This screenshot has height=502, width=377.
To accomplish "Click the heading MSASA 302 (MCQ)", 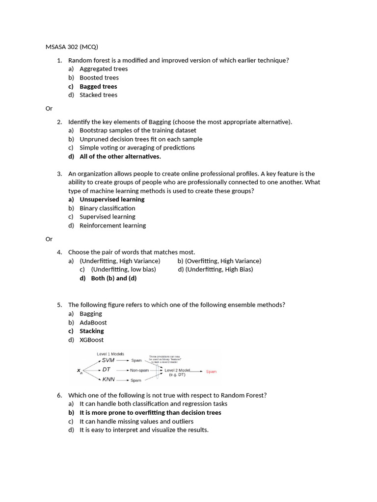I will pyautogui.click(x=72, y=47).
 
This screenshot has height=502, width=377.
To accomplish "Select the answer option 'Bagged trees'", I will pyautogui.click(x=98, y=86).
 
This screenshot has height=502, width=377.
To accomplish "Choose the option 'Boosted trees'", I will pyautogui.click(x=99, y=77).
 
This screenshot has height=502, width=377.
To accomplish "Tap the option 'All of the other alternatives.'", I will pyautogui.click(x=120, y=156).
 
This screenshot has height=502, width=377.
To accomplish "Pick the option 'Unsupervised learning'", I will pyautogui.click(x=112, y=199).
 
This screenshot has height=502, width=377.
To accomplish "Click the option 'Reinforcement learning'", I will pyautogui.click(x=112, y=226).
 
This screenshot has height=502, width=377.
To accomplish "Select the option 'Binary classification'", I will pyautogui.click(x=107, y=208).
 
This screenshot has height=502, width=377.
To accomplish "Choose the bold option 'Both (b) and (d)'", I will pyautogui.click(x=113, y=278).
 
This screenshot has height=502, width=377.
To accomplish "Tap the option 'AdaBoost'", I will pyautogui.click(x=93, y=323).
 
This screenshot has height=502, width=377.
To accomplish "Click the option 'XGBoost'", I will pyautogui.click(x=91, y=340).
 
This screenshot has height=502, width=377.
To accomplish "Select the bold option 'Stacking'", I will pyautogui.click(x=91, y=331).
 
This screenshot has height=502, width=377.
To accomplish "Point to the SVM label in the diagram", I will pyautogui.click(x=108, y=360).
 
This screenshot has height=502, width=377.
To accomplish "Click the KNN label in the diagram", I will pyautogui.click(x=108, y=379).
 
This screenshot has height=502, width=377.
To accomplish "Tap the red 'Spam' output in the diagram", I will pyautogui.click(x=211, y=372).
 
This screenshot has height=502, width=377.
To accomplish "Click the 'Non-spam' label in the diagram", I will pyautogui.click(x=139, y=370).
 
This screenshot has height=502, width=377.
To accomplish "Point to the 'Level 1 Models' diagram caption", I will pyautogui.click(x=110, y=353).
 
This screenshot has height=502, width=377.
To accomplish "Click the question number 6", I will pyautogui.click(x=59, y=395).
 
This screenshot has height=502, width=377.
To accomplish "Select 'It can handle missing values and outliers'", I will pyautogui.click(x=136, y=421).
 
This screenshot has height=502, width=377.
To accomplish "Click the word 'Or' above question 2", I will pyautogui.click(x=49, y=108).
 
